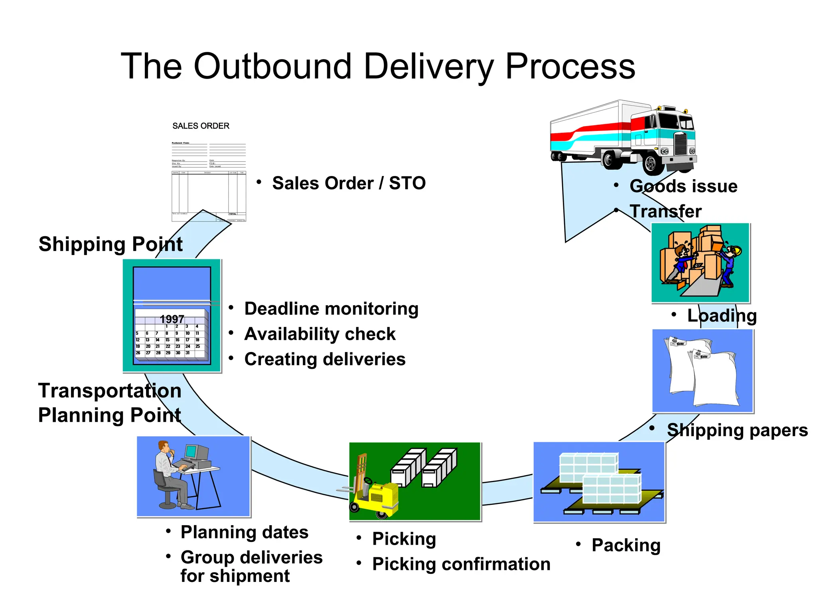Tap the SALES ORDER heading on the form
[x=201, y=126]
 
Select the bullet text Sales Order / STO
[x=349, y=184]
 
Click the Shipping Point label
[x=111, y=244]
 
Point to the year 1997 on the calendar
[x=172, y=319]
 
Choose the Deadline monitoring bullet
[x=331, y=309]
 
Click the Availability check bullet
[x=320, y=334]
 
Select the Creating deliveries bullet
[x=325, y=359]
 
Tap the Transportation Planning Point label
[x=110, y=403]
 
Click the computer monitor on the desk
[x=191, y=452]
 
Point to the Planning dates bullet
[x=244, y=532]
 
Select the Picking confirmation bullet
[x=461, y=564]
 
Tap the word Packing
[x=626, y=545]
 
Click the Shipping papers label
[x=737, y=430]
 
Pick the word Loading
[x=722, y=316]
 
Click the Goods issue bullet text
[x=683, y=186]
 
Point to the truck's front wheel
[x=651, y=163]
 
